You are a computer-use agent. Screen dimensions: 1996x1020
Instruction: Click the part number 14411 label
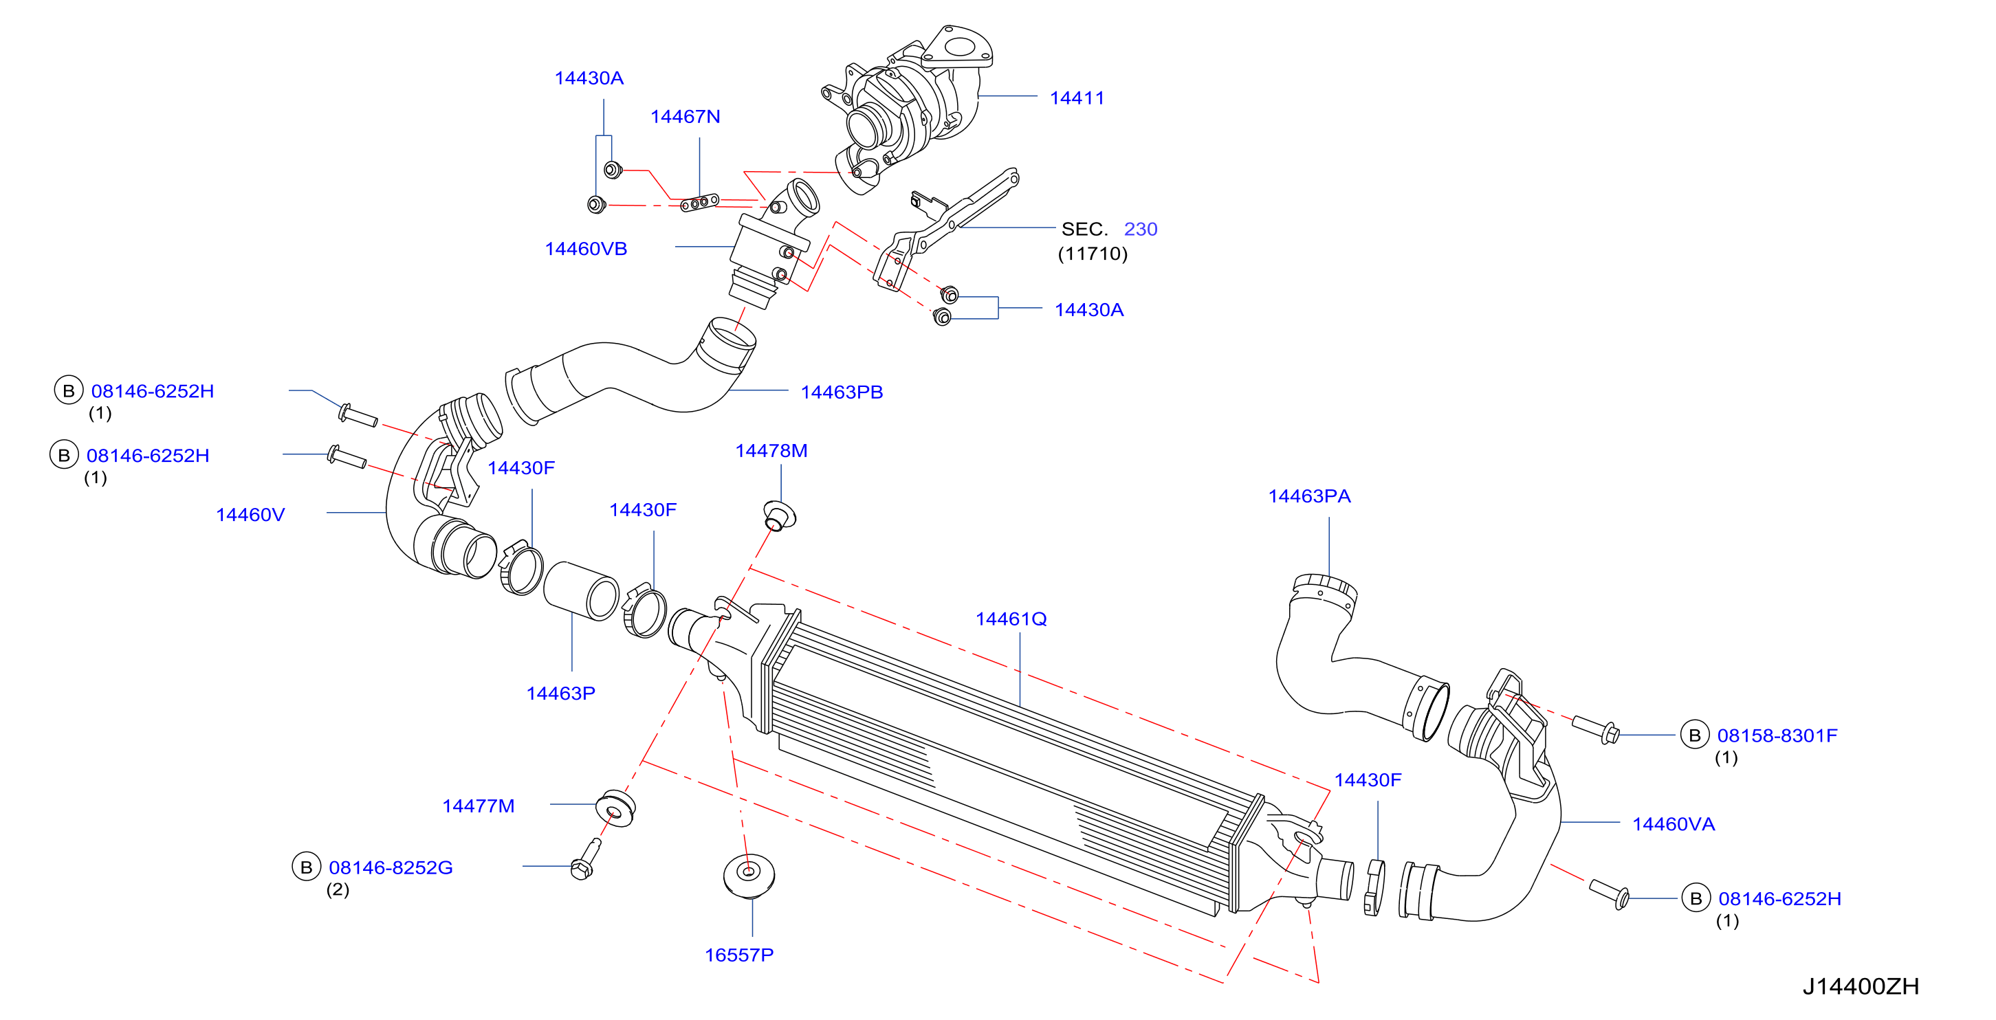(1076, 98)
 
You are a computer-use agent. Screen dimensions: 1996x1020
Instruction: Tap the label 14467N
(685, 117)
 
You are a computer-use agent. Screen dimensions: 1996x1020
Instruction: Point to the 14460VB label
(586, 250)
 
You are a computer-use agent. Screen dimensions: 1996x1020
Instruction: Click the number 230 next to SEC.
(1140, 230)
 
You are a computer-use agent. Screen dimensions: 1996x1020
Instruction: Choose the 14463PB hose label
(842, 392)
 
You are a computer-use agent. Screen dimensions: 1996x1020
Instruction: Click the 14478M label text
(771, 451)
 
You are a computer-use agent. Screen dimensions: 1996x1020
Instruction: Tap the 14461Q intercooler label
(1011, 619)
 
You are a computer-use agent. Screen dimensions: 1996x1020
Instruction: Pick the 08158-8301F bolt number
(1777, 735)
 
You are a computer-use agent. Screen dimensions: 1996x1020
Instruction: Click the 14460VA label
(1673, 825)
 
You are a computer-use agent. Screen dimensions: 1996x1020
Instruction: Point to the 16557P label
(738, 955)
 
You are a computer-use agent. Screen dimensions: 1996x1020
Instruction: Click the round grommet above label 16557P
(749, 875)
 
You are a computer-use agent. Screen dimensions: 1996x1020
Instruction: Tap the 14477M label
(478, 806)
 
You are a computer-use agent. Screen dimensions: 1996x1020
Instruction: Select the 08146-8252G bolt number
(391, 868)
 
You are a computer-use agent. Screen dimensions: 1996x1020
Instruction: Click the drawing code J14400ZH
(1860, 987)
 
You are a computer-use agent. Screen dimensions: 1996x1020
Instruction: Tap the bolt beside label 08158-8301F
(1594, 729)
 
